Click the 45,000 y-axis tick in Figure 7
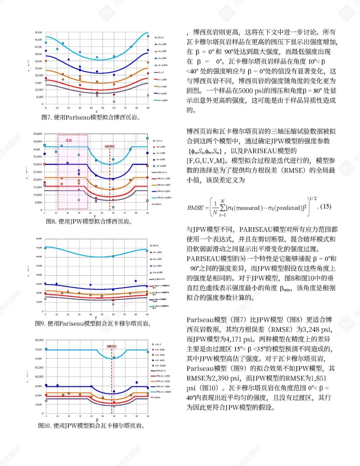coord(39,40)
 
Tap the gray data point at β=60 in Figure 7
coord(114,101)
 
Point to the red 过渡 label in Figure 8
coord(69,140)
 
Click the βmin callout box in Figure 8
coord(109,146)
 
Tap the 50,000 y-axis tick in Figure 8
coord(38,134)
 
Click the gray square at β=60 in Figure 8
coord(113,207)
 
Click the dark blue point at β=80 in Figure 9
coord(136,281)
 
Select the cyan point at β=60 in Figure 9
coord(113,256)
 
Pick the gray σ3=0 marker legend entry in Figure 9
coord(154,246)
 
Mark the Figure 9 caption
coord(93,324)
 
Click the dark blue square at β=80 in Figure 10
coord(137,382)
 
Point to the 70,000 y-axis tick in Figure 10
coord(39,349)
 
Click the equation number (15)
coord(326,206)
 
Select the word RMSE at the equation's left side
coord(195,208)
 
